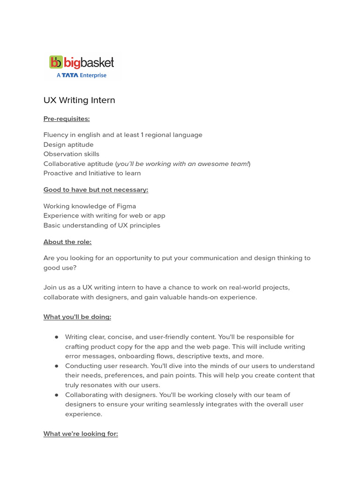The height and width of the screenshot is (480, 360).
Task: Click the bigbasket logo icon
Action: pyautogui.click(x=56, y=62)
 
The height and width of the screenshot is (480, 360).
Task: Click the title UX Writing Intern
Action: pyautogui.click(x=79, y=100)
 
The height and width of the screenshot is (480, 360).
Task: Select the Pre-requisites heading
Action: pyautogui.click(x=67, y=119)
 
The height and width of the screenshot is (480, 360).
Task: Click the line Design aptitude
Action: pyautogui.click(x=68, y=144)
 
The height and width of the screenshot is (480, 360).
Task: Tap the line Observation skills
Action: pyautogui.click(x=71, y=154)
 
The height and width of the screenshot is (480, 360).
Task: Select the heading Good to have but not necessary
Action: pyautogui.click(x=96, y=190)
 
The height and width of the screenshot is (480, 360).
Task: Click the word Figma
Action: pyautogui.click(x=126, y=206)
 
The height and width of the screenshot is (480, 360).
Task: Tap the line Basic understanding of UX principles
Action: pyautogui.click(x=102, y=225)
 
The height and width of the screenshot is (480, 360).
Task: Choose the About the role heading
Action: pyautogui.click(x=67, y=242)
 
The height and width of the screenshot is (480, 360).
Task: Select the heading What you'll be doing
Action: pyautogui.click(x=77, y=317)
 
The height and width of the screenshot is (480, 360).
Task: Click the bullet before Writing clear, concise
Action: pyautogui.click(x=57, y=337)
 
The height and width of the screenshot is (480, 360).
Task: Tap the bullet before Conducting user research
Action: pyautogui.click(x=57, y=366)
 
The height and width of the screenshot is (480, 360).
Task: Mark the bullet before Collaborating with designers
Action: pyautogui.click(x=57, y=395)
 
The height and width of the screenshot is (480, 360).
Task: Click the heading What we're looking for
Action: pyautogui.click(x=81, y=434)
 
